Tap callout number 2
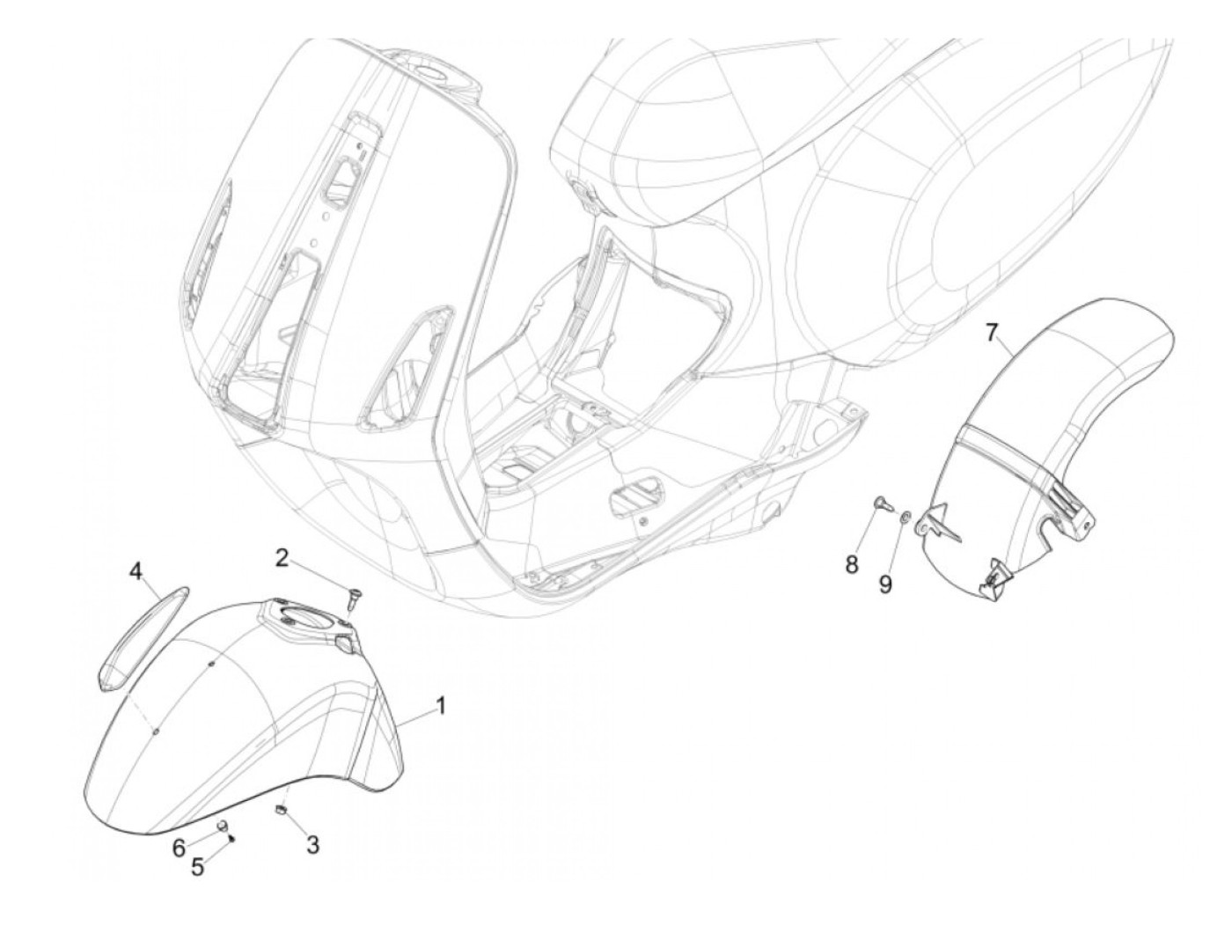[281, 557]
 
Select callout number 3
[312, 845]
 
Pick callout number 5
[198, 867]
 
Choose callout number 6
[179, 847]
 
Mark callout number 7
[992, 332]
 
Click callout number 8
[852, 564]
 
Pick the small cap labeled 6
[223, 825]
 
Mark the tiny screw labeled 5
[231, 838]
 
